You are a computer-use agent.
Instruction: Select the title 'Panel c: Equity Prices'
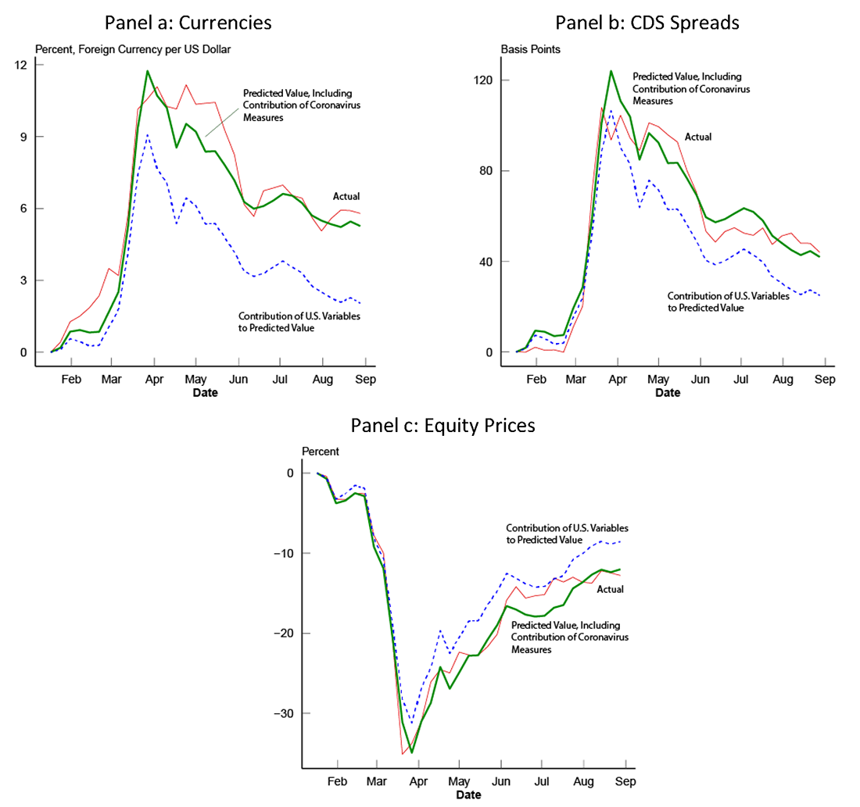[443, 425]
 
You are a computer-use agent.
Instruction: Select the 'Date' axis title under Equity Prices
[468, 795]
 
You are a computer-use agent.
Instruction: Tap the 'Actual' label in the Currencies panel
[346, 197]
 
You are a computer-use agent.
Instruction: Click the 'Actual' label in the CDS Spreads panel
[698, 137]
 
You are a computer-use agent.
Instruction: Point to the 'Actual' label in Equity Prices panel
[610, 589]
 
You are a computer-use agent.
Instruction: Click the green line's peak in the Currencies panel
[147, 71]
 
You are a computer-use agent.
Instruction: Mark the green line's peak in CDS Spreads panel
[611, 71]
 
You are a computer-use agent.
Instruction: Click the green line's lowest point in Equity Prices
[412, 752]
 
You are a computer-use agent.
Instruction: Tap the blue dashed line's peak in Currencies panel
[147, 135]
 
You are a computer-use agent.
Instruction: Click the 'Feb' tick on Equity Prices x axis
[337, 781]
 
